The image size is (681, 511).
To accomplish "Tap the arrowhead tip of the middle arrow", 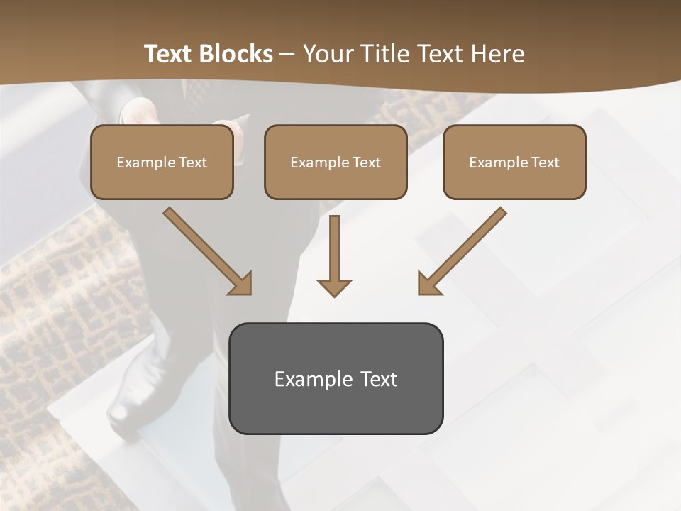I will tap(334, 294).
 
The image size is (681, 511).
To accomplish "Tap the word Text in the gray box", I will tap(379, 379).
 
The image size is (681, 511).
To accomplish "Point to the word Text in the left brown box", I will tap(193, 163).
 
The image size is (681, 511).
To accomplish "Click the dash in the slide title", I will tap(287, 54).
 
